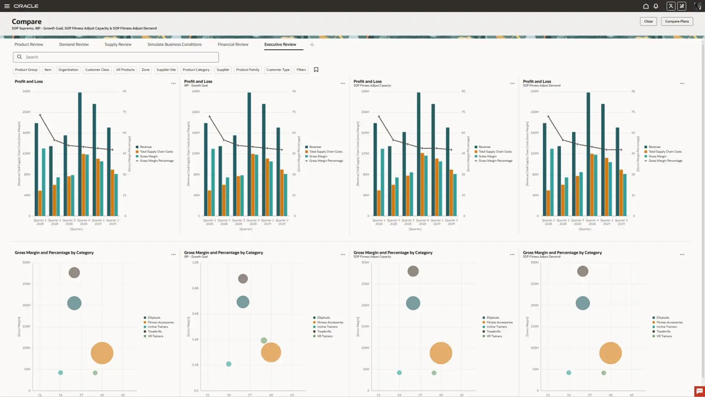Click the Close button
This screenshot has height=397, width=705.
(648, 21)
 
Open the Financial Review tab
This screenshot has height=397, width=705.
(233, 44)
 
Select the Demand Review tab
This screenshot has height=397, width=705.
(74, 44)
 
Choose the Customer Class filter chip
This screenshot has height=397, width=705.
(97, 70)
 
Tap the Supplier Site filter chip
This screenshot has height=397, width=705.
(166, 70)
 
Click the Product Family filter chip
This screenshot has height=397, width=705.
(247, 70)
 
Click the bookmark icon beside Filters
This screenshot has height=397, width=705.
(316, 70)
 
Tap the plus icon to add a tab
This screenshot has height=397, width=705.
(312, 45)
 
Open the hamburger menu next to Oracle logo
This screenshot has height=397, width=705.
(7, 6)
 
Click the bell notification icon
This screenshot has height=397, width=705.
(656, 6)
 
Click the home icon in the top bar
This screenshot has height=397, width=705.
(646, 6)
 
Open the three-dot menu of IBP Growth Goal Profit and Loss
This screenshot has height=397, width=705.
(343, 83)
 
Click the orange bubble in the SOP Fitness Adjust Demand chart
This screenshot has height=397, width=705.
(610, 353)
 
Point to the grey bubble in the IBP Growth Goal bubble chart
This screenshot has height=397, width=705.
(243, 279)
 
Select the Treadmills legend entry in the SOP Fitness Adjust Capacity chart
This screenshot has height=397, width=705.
(493, 332)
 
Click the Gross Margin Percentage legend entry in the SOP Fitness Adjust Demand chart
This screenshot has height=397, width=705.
(665, 161)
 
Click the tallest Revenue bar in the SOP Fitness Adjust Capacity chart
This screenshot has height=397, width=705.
(419, 154)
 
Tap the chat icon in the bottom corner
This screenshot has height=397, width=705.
(699, 391)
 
